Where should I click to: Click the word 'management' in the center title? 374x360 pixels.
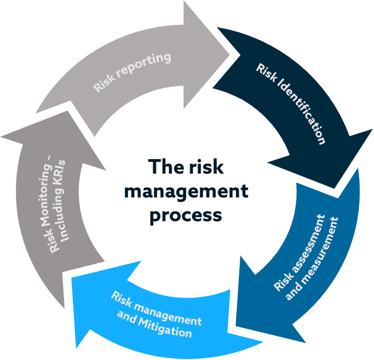pos(185,192)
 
